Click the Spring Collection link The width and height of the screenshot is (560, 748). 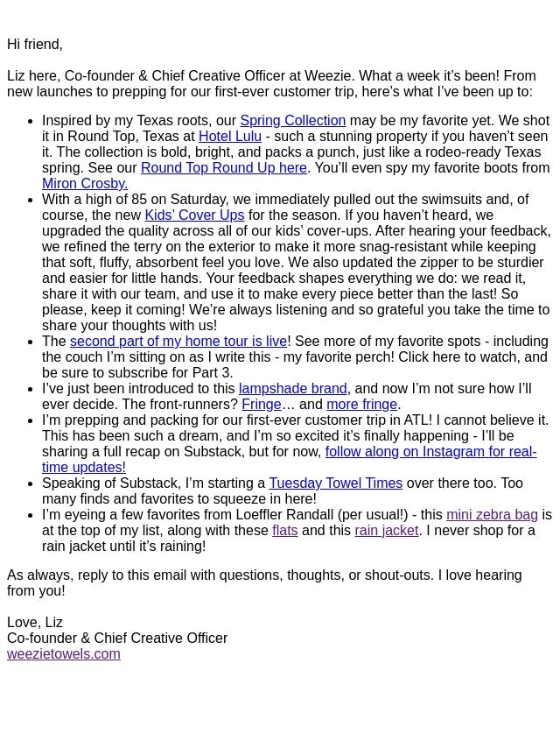click(x=292, y=120)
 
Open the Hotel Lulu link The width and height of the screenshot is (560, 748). click(x=229, y=136)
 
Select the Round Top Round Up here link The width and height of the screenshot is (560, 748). click(x=223, y=167)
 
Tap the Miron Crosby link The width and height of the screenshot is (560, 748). click(x=84, y=183)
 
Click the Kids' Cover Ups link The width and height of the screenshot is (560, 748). click(x=194, y=215)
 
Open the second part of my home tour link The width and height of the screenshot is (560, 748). click(x=178, y=341)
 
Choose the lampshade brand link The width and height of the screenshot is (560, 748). click(x=293, y=388)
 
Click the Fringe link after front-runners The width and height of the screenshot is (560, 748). click(x=261, y=404)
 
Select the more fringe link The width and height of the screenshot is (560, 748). click(x=361, y=404)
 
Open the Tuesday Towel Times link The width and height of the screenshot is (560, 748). click(x=335, y=483)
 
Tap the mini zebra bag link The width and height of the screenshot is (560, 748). click(x=492, y=514)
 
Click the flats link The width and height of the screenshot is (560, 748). click(x=284, y=530)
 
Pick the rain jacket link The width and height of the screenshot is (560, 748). click(x=386, y=530)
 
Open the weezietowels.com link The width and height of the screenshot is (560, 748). click(x=63, y=653)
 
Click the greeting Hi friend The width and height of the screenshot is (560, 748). click(x=35, y=44)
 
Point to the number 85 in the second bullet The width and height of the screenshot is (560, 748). click(x=139, y=199)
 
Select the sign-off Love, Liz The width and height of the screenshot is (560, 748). click(x=35, y=622)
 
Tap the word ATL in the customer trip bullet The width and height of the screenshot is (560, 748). click(x=417, y=420)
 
